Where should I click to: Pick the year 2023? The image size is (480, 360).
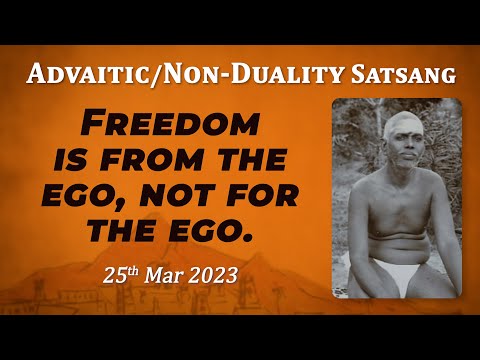tap(214, 275)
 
